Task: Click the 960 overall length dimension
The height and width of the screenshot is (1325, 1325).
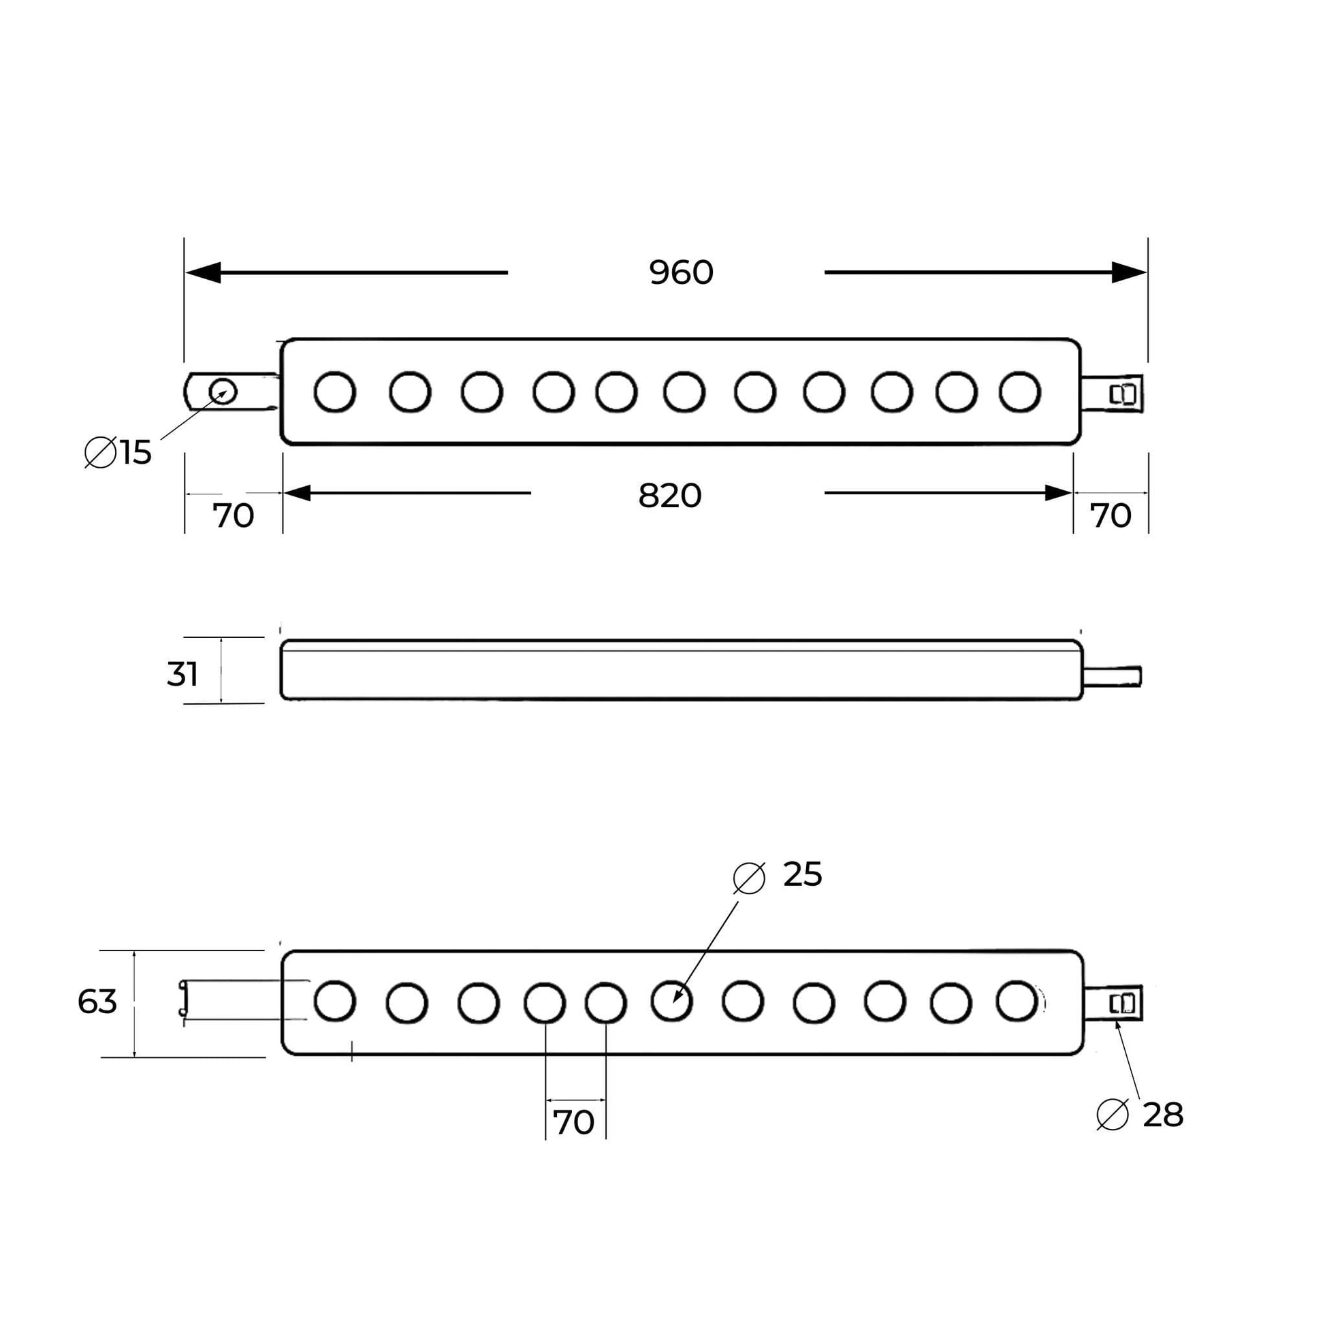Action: pos(681,273)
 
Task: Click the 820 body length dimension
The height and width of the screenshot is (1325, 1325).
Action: pos(669,495)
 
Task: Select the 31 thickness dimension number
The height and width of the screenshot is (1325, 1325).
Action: pos(182,674)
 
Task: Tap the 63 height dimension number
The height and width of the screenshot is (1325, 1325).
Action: pos(97,1002)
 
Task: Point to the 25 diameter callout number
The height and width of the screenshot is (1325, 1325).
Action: pos(802,874)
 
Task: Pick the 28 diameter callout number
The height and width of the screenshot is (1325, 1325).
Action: pos(1163,1115)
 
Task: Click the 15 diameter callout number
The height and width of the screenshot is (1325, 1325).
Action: pos(135,453)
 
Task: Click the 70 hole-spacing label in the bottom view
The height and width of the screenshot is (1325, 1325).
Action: pos(573,1123)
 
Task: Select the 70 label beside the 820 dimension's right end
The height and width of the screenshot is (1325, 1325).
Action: pos(1111,515)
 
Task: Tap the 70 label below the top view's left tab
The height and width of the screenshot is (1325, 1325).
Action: pos(233,515)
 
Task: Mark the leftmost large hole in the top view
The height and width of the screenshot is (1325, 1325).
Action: pos(335,392)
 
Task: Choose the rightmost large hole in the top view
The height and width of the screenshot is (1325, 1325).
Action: pos(1020,392)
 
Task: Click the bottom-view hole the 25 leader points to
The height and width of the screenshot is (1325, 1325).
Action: pos(671,1002)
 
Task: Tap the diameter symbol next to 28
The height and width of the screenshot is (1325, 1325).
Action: pos(1113,1115)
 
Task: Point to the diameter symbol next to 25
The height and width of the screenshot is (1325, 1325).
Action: pos(749,878)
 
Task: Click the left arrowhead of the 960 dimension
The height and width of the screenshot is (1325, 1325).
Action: pos(204,272)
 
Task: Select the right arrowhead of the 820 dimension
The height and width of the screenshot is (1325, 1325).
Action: pos(1057,492)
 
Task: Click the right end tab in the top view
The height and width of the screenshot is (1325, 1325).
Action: pos(1113,394)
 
